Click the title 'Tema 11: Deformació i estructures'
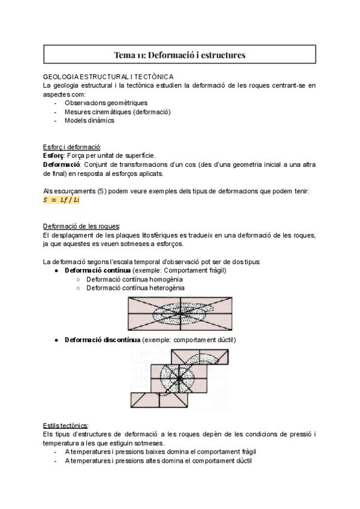point(179,55)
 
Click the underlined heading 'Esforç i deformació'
point(72,147)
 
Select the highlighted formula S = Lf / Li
point(61,199)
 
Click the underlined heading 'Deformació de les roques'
point(82,226)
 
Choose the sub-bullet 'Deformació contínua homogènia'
point(134,279)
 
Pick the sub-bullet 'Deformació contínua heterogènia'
point(135,288)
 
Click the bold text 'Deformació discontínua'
point(102,340)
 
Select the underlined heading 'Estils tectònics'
point(66,425)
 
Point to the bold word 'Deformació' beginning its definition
point(62,164)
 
